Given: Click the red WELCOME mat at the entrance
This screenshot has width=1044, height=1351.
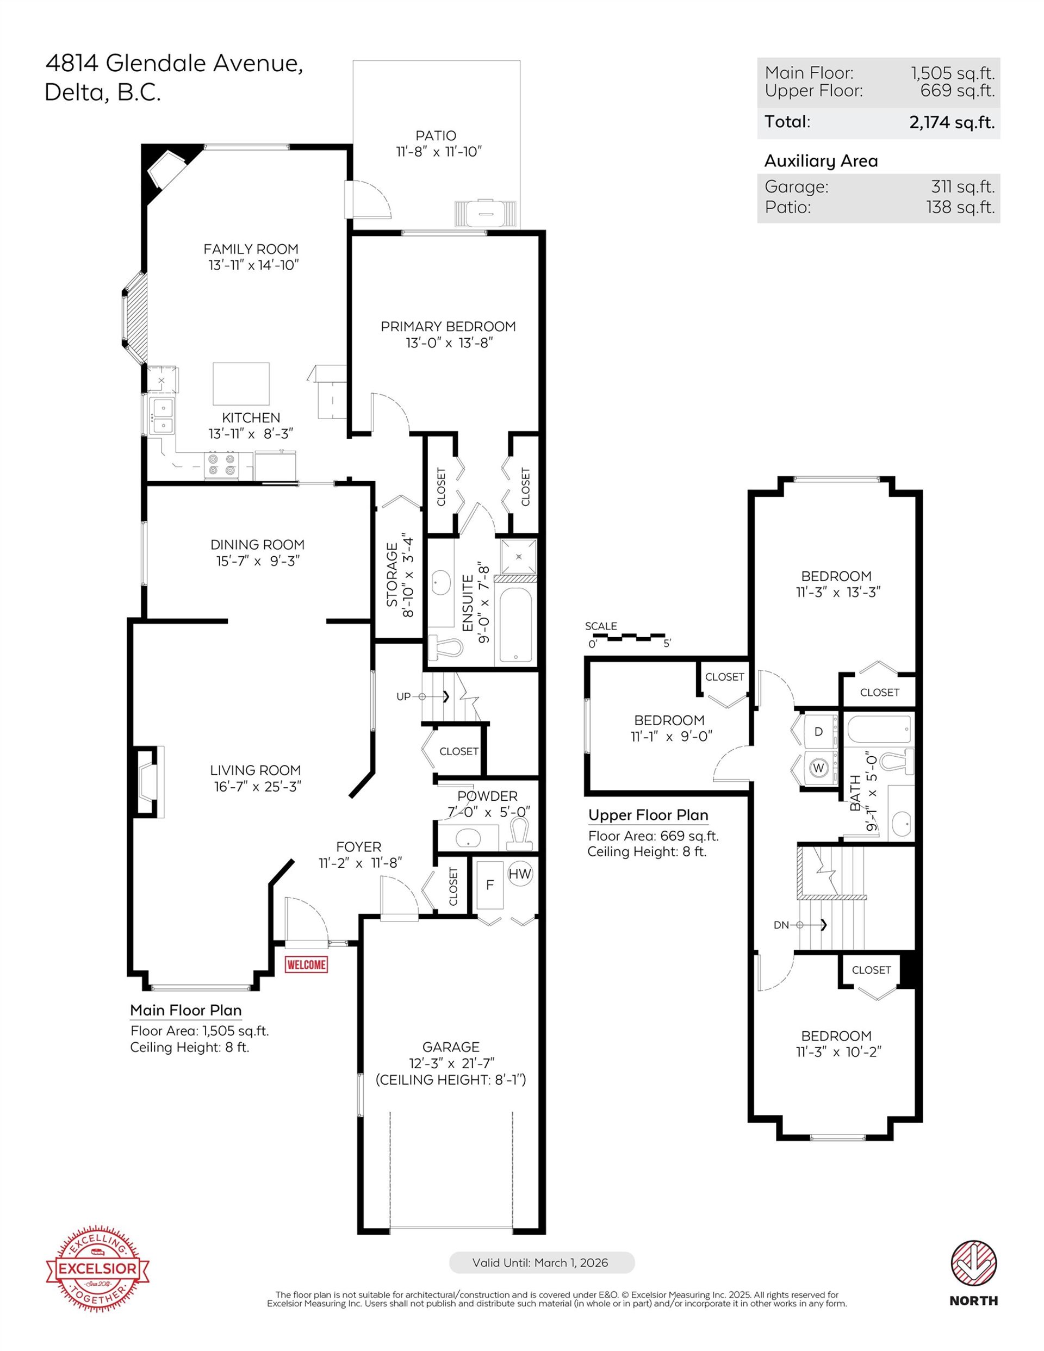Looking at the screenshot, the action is pos(306,964).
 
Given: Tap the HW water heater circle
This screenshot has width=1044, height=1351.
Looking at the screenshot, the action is pos(520,874).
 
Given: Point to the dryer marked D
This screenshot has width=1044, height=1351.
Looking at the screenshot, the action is pos(819,732).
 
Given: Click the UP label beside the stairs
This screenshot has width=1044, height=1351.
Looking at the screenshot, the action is pos(403,696).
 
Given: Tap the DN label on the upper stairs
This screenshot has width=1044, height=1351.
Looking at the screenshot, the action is pos(781,925).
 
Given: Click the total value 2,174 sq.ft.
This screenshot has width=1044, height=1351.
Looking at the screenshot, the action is pos(952,122).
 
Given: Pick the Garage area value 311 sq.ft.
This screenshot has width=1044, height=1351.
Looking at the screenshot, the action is pos(963,187).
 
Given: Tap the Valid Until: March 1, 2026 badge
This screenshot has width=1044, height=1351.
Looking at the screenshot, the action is pos(542,1262).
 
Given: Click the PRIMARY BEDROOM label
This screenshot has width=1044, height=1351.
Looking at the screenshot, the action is pos(448,327).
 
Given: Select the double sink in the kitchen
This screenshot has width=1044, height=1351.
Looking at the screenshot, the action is pos(163,416).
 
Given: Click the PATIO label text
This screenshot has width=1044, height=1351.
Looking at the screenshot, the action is pos(436,135).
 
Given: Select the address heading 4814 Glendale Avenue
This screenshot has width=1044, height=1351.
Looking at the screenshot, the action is pos(175,63).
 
